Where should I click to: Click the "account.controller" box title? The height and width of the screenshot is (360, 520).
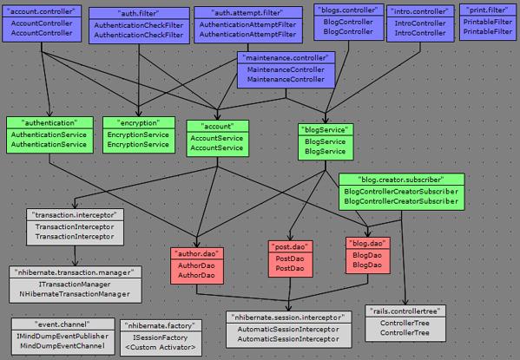(x=42, y=11)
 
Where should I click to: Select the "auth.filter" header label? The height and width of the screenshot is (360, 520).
(x=139, y=14)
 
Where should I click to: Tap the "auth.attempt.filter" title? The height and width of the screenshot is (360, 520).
(x=247, y=13)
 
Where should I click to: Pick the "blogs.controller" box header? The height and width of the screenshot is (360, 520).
(x=348, y=10)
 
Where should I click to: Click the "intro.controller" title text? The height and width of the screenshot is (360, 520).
(x=420, y=11)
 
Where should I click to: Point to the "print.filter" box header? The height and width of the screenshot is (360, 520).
(x=488, y=10)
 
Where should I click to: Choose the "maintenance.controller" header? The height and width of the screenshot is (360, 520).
(x=286, y=58)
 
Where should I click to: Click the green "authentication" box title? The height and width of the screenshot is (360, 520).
(x=49, y=123)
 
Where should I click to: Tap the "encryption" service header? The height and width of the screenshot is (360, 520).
(x=138, y=123)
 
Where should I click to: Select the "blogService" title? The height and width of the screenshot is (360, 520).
(x=325, y=130)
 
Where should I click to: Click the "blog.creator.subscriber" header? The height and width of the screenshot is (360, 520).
(x=401, y=180)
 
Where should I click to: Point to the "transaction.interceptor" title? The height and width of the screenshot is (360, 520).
(x=75, y=215)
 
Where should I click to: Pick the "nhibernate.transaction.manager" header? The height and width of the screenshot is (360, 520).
(x=75, y=272)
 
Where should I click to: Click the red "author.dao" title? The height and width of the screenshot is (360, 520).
(x=197, y=254)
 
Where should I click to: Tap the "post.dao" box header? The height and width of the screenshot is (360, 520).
(x=290, y=247)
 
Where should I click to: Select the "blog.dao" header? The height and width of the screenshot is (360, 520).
(x=367, y=244)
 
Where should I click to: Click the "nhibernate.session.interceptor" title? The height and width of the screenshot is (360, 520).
(x=288, y=317)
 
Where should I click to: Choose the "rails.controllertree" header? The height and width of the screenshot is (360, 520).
(x=405, y=311)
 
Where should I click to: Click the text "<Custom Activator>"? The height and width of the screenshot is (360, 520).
(x=161, y=347)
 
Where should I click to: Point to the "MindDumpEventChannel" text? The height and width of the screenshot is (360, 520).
(x=63, y=346)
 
